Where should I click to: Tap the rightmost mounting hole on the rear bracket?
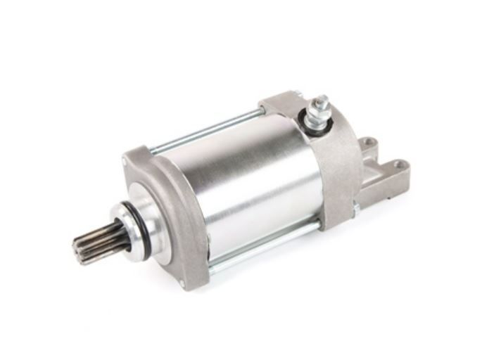pyautogui.click(x=400, y=165)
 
